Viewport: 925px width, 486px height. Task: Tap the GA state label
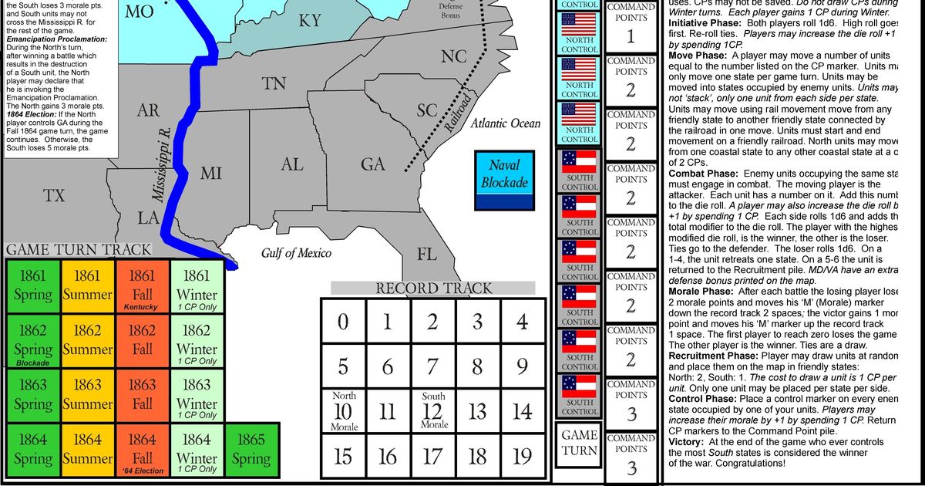pyautogui.click(x=372, y=164)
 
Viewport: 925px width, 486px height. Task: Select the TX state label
pyautogui.click(x=54, y=196)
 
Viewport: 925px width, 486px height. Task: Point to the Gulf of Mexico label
pyautogui.click(x=296, y=253)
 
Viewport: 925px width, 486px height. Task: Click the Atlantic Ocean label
pyautogui.click(x=505, y=123)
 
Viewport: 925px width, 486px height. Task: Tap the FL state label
pyautogui.click(x=426, y=253)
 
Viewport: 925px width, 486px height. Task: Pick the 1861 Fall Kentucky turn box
pyautogui.click(x=142, y=287)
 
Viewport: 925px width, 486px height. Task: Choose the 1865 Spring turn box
pyautogui.click(x=251, y=449)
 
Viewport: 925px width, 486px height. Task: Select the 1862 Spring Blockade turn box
pyautogui.click(x=32, y=341)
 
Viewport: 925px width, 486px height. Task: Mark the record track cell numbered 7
pyautogui.click(x=432, y=366)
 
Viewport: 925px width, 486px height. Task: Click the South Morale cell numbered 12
pyautogui.click(x=433, y=411)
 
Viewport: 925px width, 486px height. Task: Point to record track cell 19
pyautogui.click(x=522, y=456)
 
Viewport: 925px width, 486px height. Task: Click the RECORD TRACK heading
pyautogui.click(x=433, y=289)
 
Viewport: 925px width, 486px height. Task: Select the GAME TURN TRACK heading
pyautogui.click(x=79, y=249)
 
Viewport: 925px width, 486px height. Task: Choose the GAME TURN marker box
pyautogui.click(x=579, y=443)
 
